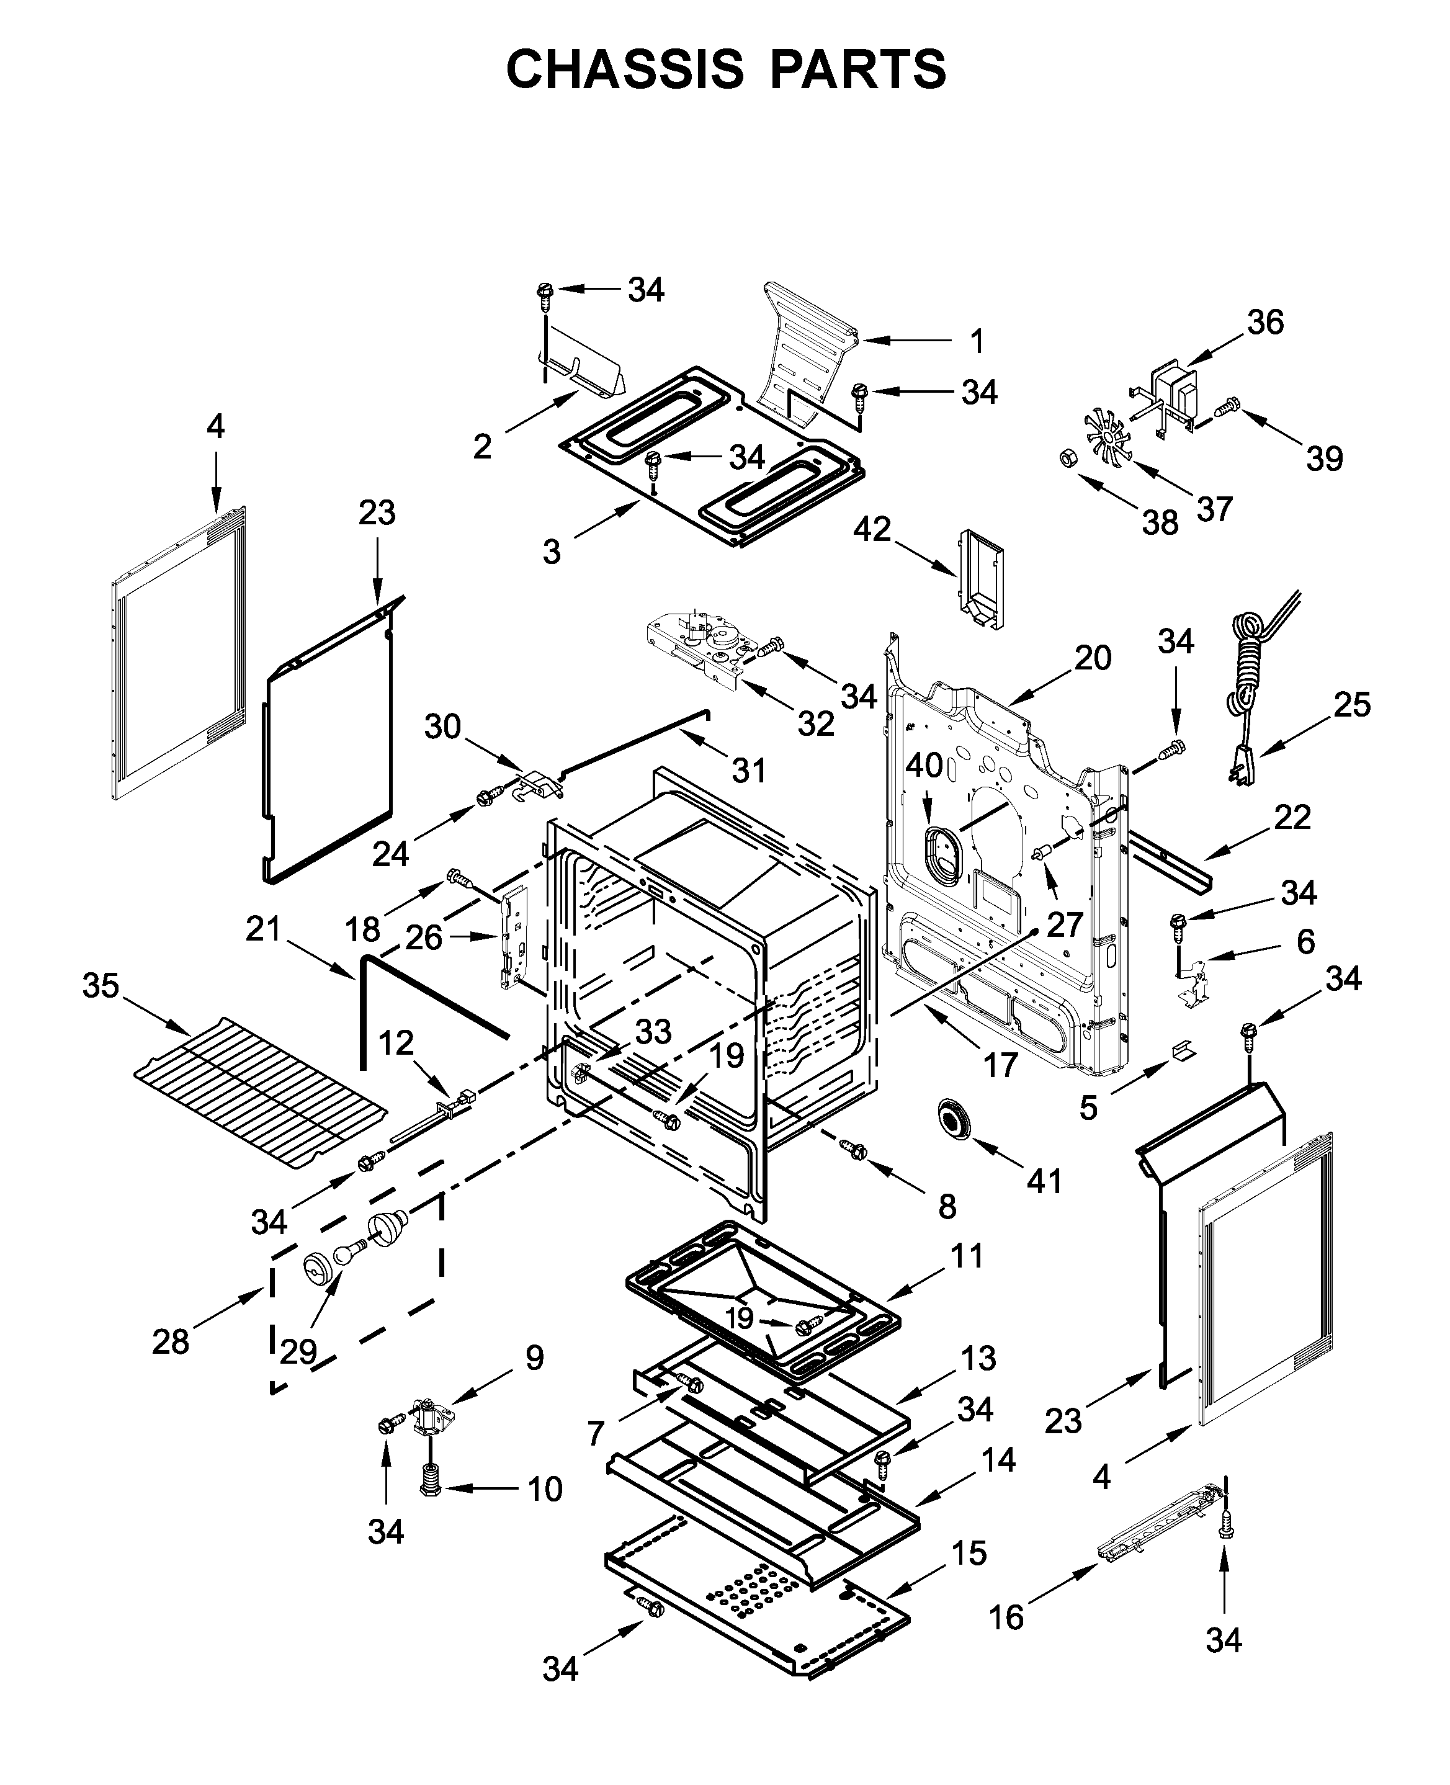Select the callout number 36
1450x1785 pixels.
(1264, 323)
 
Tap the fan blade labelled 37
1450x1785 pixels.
(1107, 437)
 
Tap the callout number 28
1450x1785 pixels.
(171, 1342)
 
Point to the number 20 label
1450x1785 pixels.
(1093, 658)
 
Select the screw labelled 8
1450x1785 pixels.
(856, 1151)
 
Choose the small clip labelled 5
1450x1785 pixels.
(1183, 1050)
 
